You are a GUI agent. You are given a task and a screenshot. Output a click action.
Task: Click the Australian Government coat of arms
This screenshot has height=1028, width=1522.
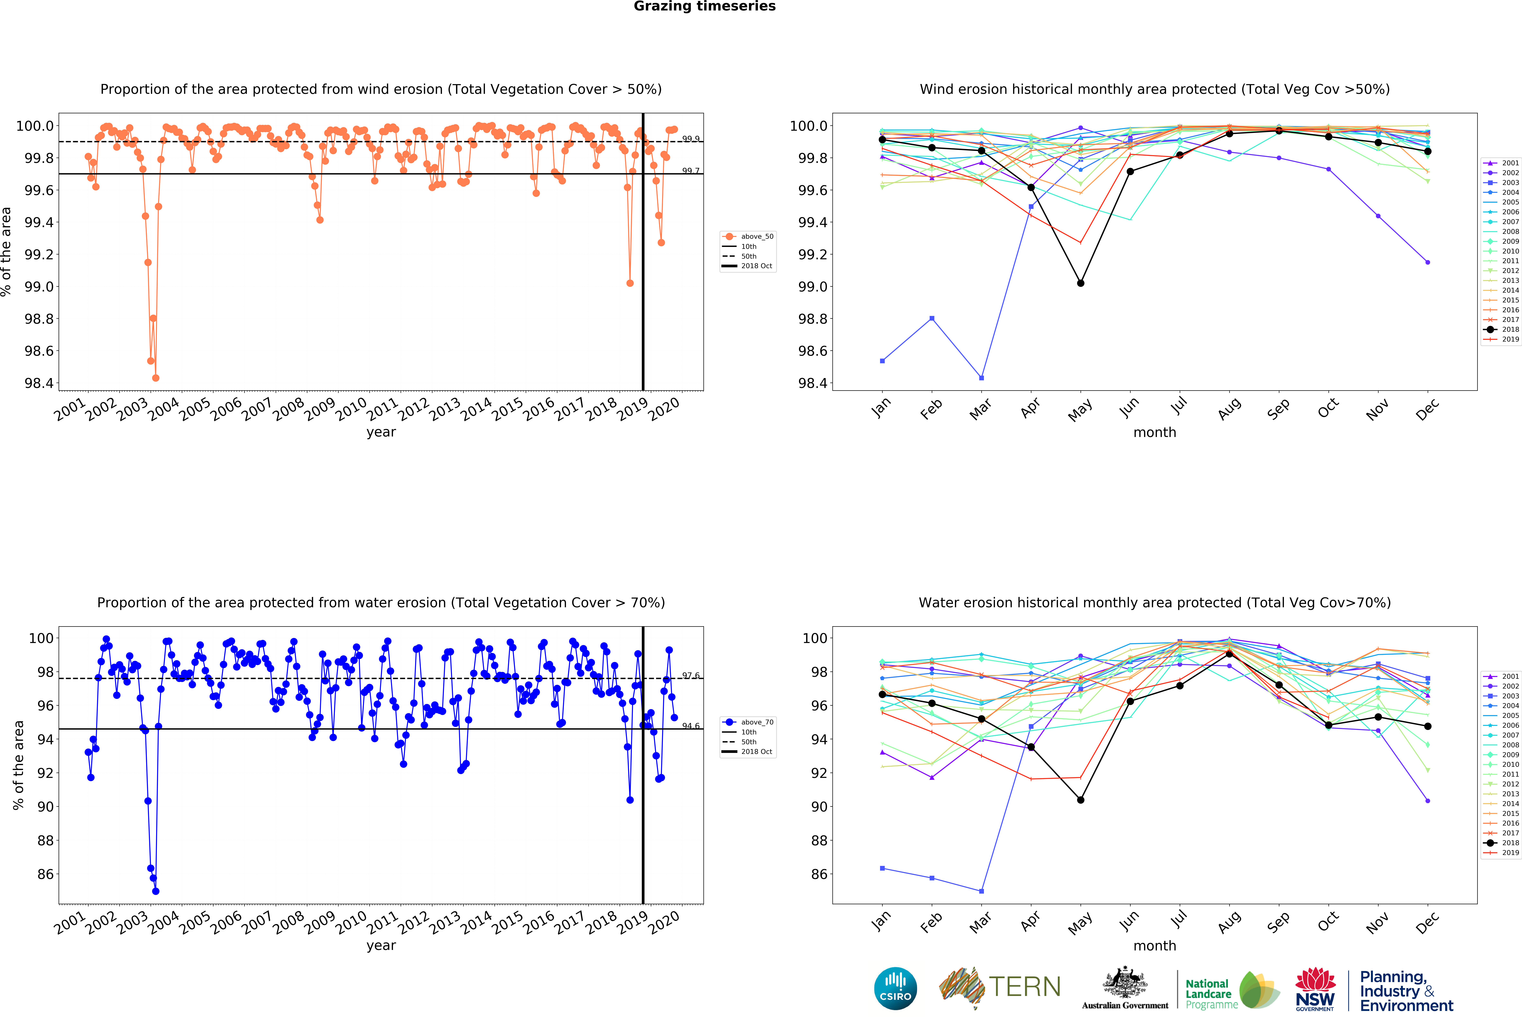point(1124,982)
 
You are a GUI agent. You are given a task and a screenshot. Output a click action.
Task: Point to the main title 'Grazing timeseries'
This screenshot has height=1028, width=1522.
point(704,7)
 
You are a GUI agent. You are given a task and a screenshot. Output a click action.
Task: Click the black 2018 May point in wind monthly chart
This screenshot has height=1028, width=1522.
point(1081,284)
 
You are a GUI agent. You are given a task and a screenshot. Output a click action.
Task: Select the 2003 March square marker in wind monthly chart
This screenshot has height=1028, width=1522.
point(981,378)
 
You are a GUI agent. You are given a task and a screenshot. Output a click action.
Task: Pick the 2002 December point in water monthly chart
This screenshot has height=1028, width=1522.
point(1428,801)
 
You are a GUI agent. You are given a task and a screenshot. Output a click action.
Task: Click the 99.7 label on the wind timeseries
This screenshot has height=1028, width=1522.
point(690,171)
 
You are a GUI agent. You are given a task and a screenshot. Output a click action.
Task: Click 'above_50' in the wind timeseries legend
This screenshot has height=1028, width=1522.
point(756,236)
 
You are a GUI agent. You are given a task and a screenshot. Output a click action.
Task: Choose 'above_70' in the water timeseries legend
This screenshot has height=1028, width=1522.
point(756,722)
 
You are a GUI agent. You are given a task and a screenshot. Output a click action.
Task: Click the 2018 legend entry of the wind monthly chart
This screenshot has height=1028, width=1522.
point(1510,329)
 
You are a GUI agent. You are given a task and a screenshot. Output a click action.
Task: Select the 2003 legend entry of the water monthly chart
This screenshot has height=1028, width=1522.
point(1510,696)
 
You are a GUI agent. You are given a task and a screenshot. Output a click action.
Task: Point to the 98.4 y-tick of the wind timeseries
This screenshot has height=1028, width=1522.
point(39,383)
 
